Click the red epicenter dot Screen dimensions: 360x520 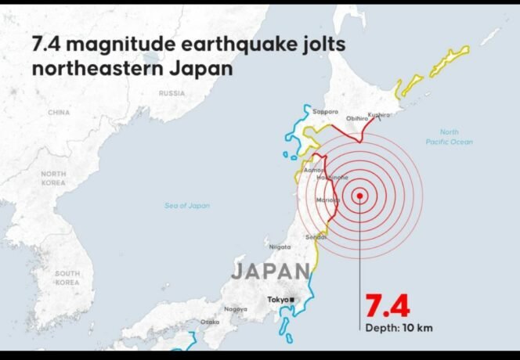click(359, 196)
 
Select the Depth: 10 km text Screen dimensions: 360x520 click(399, 327)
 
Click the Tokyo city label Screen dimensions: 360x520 click(276, 300)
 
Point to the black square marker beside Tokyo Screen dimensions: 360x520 click(291, 300)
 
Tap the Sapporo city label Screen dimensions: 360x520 click(325, 112)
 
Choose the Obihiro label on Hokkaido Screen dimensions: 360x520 click(357, 118)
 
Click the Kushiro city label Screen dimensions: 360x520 click(379, 115)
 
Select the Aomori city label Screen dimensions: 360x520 click(313, 169)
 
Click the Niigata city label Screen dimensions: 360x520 click(280, 247)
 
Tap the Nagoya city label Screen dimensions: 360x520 click(236, 309)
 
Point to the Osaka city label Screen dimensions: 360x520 click(210, 322)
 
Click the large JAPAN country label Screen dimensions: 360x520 click(270, 272)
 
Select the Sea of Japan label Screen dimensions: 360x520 click(187, 205)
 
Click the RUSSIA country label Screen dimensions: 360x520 click(172, 93)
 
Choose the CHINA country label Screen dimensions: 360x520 click(59, 112)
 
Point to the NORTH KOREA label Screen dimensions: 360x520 click(53, 178)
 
